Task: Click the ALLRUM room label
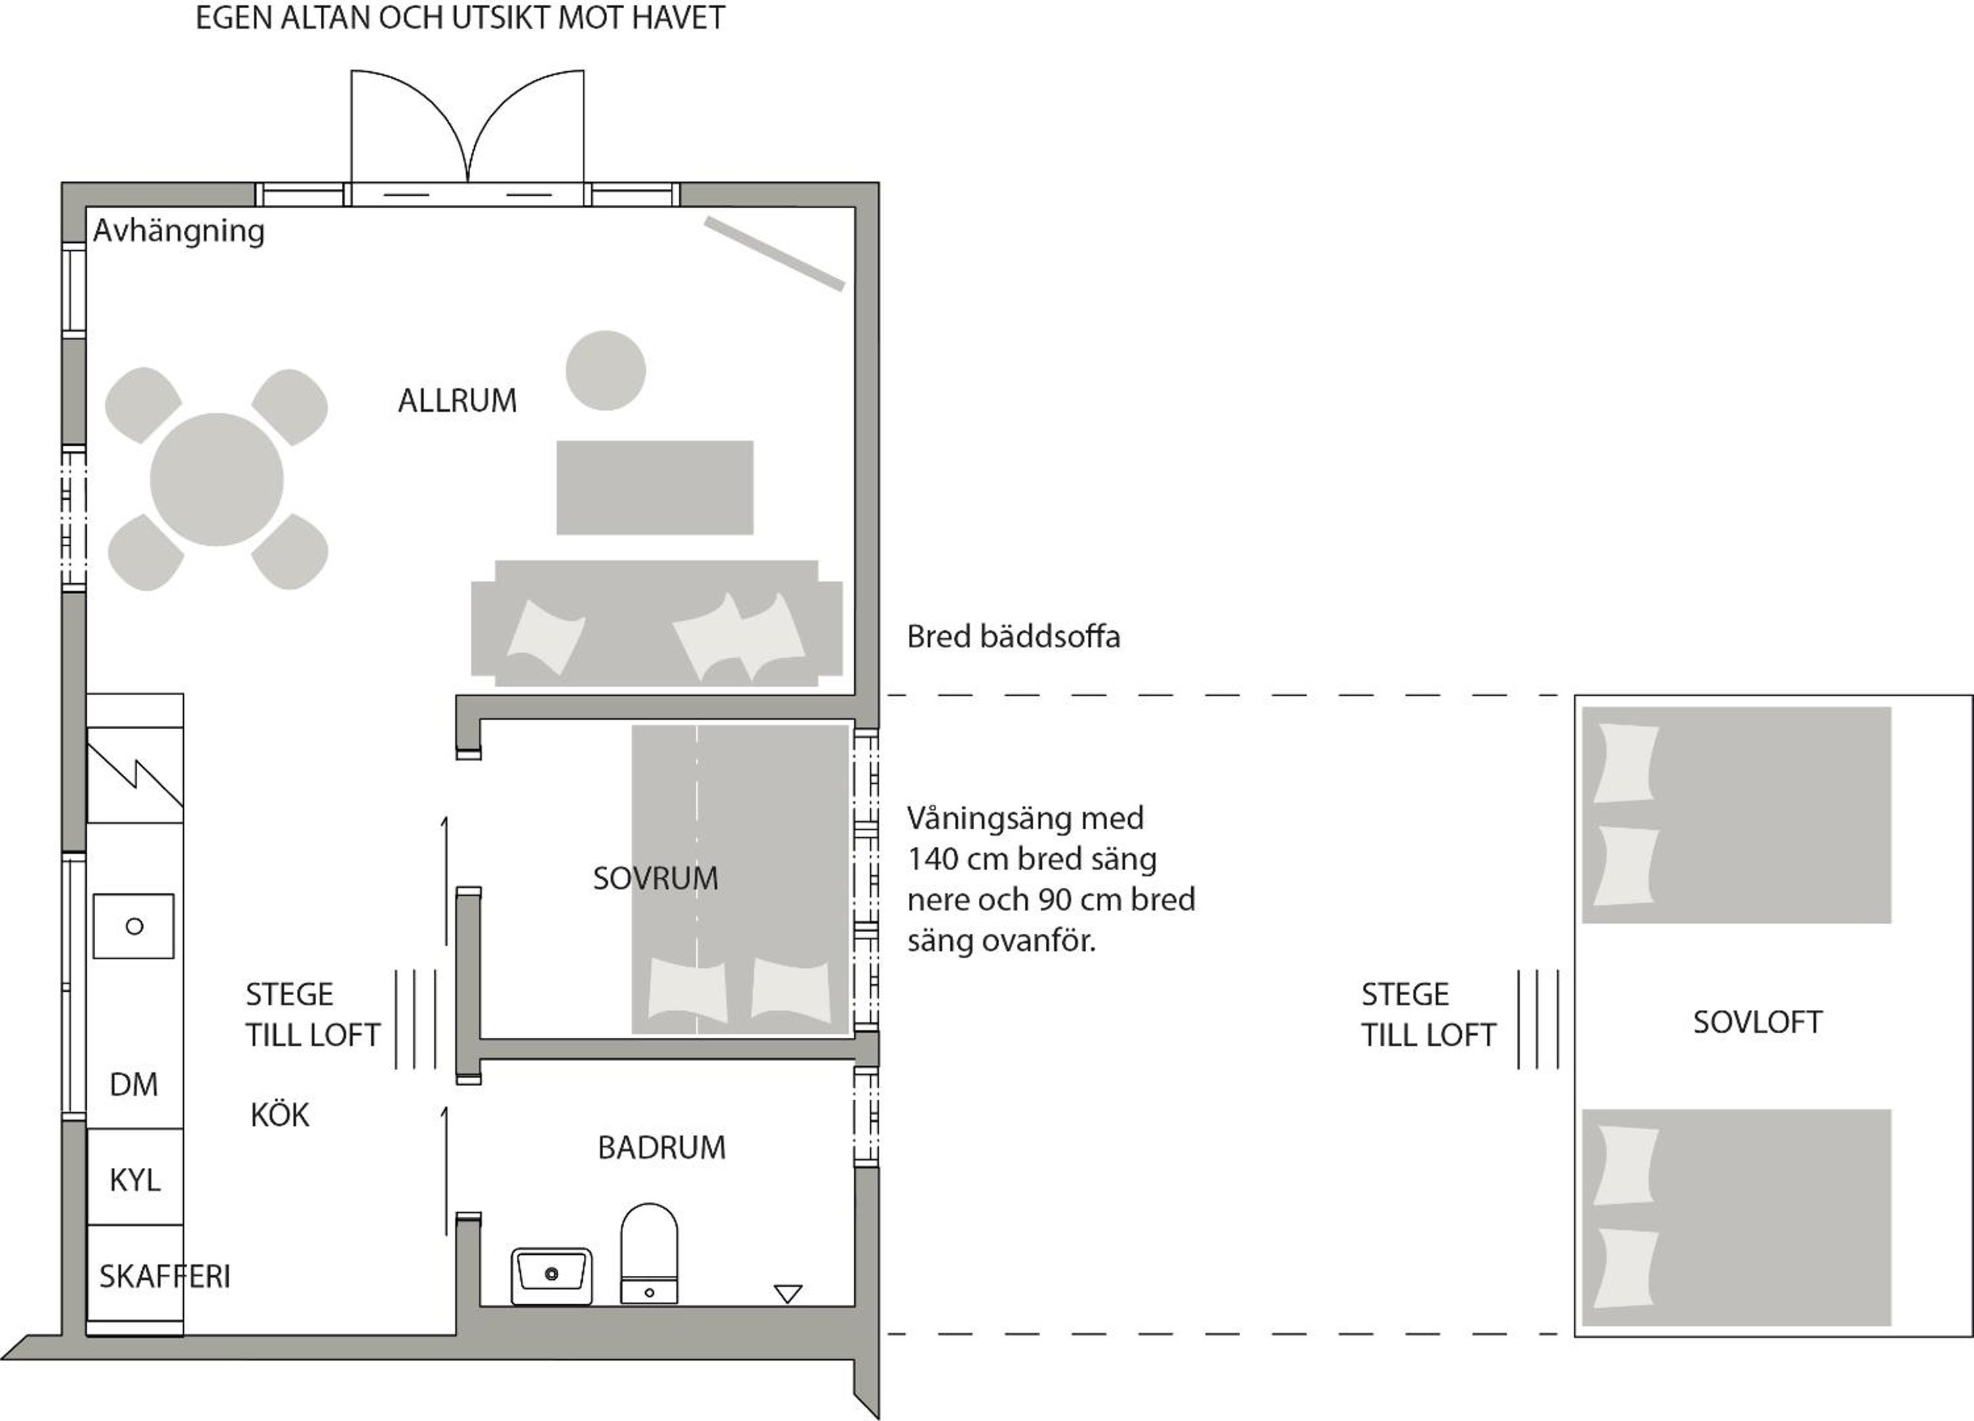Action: (457, 400)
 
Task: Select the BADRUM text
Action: (661, 1148)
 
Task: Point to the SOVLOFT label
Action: (1758, 1021)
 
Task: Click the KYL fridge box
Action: (135, 1177)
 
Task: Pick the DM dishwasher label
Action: (134, 1085)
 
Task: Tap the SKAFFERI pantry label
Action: (164, 1277)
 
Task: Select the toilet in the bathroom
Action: (649, 1253)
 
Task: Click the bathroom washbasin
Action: (551, 1276)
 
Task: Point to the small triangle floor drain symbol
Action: (788, 1294)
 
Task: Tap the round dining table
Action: (216, 480)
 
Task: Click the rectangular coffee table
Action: (655, 487)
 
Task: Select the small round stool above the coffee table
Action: (606, 370)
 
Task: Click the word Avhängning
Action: (178, 231)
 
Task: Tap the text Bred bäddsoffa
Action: (1013, 636)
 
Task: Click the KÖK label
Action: (279, 1114)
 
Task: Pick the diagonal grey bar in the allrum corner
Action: (775, 253)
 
